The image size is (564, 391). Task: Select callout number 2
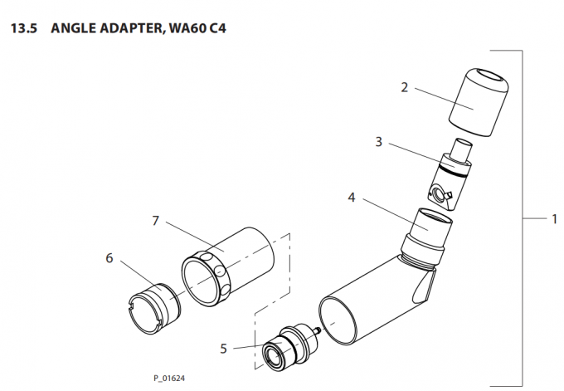click(404, 86)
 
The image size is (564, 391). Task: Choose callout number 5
click(223, 348)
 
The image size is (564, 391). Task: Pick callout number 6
click(109, 258)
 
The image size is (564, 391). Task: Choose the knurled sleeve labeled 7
click(228, 266)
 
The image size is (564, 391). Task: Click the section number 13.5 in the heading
click(23, 28)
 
